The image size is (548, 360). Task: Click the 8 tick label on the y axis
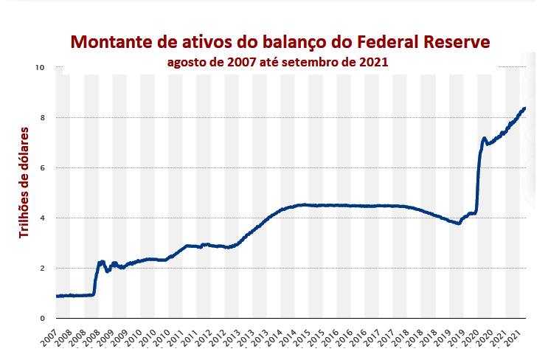[x=42, y=118]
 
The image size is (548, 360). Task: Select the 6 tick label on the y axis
[x=42, y=168]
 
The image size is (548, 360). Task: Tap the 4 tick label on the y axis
[x=42, y=218]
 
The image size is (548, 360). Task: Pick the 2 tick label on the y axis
[x=42, y=269]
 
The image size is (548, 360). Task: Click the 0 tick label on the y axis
[x=42, y=319]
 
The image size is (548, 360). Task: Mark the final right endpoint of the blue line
[x=524, y=108]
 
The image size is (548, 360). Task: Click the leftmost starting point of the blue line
[x=57, y=296]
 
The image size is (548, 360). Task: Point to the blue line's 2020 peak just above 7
[x=485, y=138]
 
